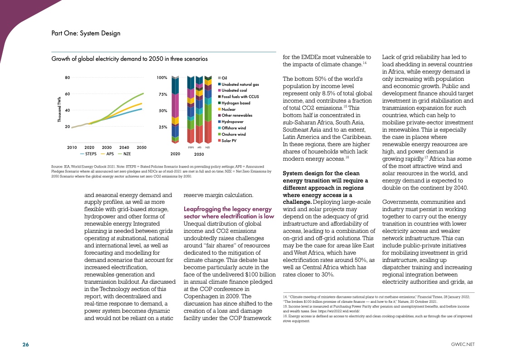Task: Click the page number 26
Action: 26,345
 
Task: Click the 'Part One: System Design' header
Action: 86,33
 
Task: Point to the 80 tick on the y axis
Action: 67,78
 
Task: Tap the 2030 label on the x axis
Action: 107,148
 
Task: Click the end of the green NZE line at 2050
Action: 143,94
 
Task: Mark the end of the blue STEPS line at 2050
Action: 142,109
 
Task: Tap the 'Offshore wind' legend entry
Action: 234,128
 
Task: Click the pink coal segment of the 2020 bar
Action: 175,105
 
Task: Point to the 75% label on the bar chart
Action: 162,94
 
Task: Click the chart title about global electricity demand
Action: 130,59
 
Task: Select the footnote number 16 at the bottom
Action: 279,316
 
